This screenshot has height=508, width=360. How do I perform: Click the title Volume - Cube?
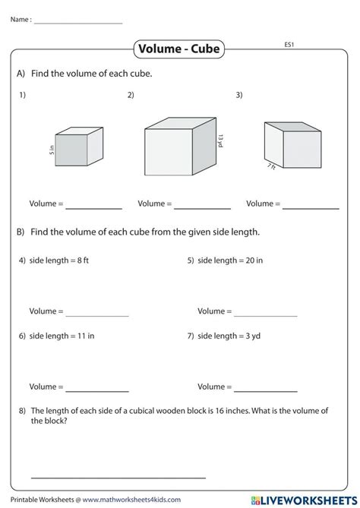click(179, 49)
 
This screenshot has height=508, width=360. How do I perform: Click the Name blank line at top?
click(78, 23)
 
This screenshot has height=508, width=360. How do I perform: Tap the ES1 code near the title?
click(289, 44)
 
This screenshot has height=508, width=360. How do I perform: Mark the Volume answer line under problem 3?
click(311, 208)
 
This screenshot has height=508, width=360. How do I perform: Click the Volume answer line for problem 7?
click(266, 390)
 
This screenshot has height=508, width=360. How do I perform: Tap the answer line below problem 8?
click(118, 477)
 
